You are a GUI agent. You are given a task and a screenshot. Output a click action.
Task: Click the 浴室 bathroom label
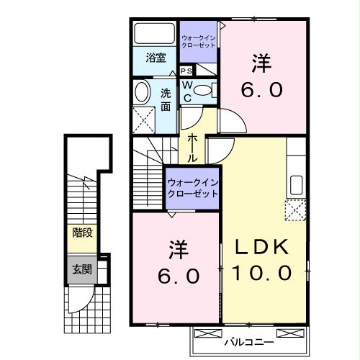coord(156,58)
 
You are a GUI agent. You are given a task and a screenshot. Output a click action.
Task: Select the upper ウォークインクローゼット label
coord(199,40)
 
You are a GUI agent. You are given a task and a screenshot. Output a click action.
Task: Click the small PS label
coord(186,71)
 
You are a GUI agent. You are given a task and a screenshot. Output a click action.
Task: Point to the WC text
coord(186,90)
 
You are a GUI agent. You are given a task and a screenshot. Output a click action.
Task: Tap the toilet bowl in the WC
coord(204,90)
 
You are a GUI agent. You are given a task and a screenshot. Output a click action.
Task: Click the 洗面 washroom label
coord(166,98)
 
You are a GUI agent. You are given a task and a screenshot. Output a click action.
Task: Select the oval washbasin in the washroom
coord(141,91)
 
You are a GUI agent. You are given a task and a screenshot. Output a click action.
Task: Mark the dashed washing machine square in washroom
coord(144,117)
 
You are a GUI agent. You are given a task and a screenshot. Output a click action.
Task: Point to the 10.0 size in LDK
coord(261,273)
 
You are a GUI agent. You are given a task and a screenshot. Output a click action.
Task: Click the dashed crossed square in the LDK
coord(295,211)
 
